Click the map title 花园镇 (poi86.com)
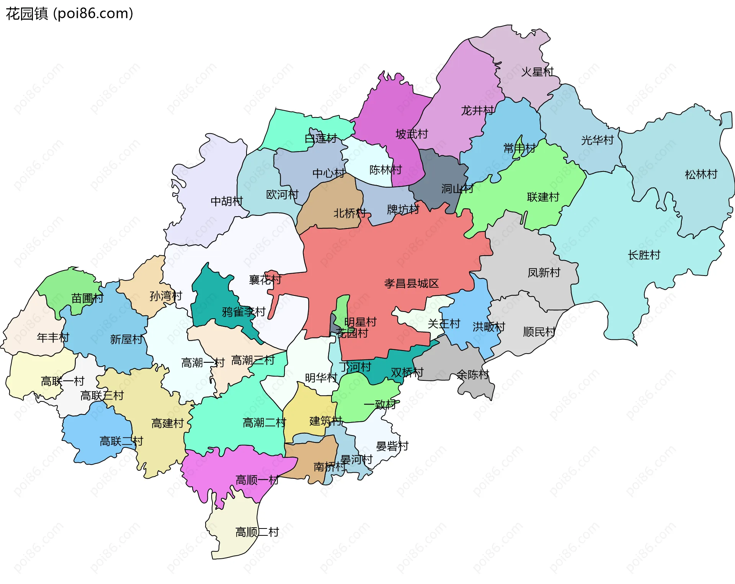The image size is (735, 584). pos(69,13)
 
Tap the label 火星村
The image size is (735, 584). pos(537,72)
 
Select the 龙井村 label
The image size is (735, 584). pos(477,111)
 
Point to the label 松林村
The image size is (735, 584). pos(701,175)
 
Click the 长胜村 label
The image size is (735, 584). pos(644,255)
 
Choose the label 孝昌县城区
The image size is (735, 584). pos(411,284)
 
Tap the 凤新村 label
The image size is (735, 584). pos(544,273)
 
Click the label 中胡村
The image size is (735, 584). pos(227,201)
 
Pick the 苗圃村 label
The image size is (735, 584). pos(87,298)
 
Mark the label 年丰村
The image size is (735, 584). pos(53,338)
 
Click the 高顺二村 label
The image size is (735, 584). pos(257,532)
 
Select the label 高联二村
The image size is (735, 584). pos(121,441)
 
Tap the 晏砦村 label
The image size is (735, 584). pos(392,446)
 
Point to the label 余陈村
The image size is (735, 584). pos(473,375)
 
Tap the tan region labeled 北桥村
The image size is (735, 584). pos(329,199)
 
